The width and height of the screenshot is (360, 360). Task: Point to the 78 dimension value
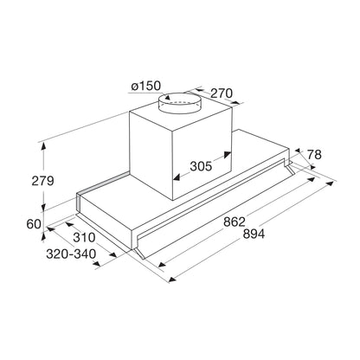pos(313,156)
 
